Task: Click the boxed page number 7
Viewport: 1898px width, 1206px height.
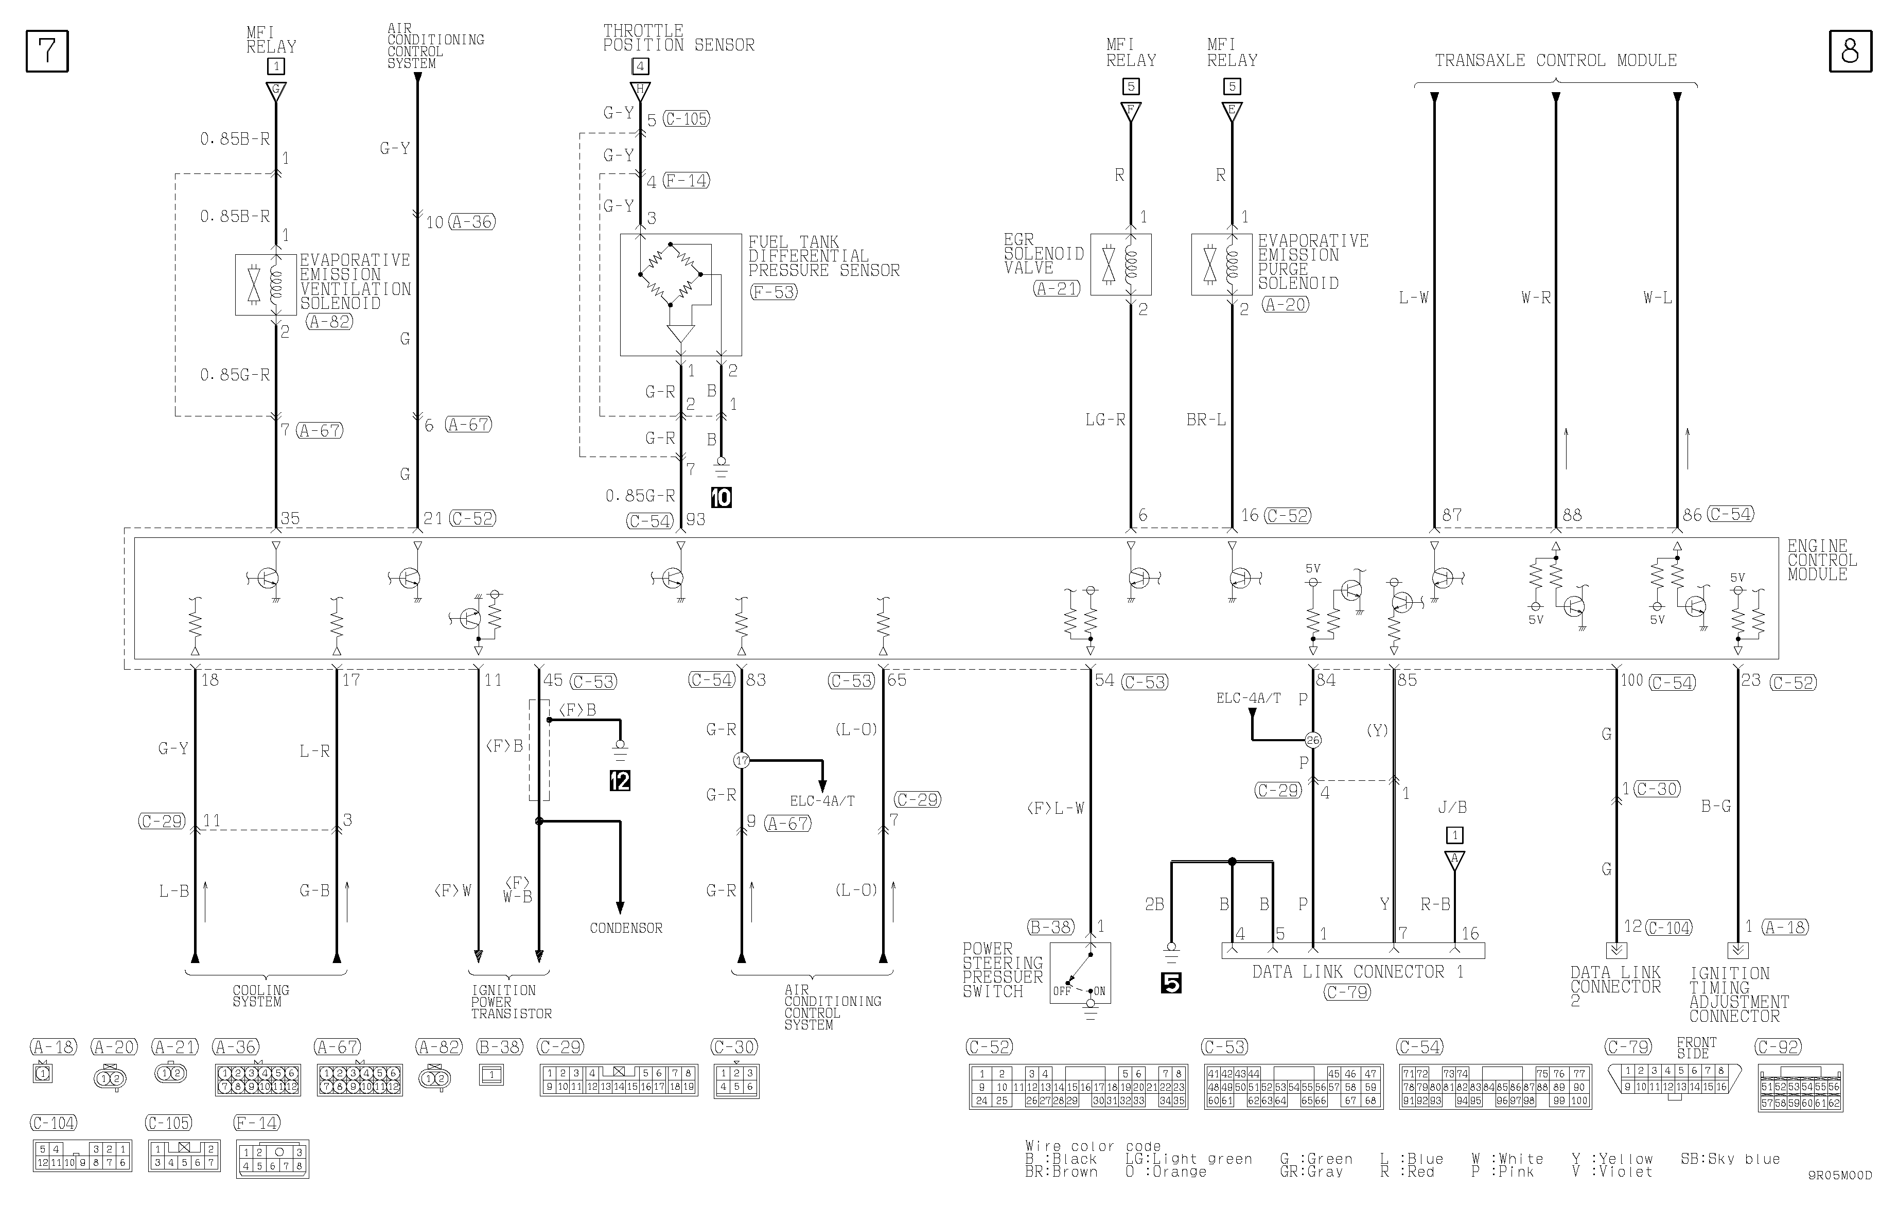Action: pyautogui.click(x=47, y=51)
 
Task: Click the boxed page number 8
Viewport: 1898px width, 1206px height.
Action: pyautogui.click(x=1850, y=51)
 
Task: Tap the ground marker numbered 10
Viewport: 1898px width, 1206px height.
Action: pyautogui.click(x=721, y=497)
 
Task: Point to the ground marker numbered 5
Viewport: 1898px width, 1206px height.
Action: pyautogui.click(x=1171, y=983)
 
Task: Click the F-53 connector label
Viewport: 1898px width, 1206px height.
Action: pyautogui.click(x=774, y=292)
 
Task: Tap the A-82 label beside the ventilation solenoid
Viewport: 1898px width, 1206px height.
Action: pyautogui.click(x=329, y=322)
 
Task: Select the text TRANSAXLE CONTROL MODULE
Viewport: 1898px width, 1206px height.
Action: pyautogui.click(x=1555, y=61)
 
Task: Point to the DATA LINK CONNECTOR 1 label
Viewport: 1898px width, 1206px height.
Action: pyautogui.click(x=1357, y=972)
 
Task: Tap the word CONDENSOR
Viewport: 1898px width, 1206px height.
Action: pyautogui.click(x=626, y=928)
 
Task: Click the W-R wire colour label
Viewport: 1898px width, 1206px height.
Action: pyautogui.click(x=1535, y=298)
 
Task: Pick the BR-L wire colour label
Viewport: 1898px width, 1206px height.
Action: pyautogui.click(x=1206, y=420)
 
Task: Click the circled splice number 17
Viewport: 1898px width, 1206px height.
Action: pyautogui.click(x=741, y=761)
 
